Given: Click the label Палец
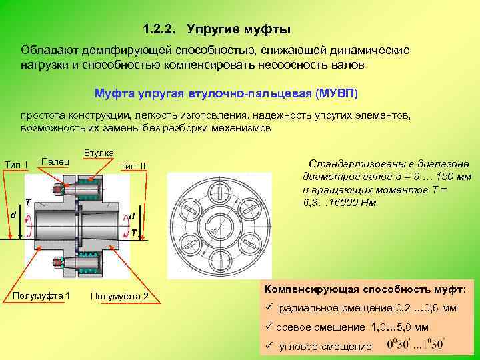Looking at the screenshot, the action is coord(55,161).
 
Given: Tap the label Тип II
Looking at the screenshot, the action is coord(133,165).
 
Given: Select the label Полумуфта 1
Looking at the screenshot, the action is coord(46,295).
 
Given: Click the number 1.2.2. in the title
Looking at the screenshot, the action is coord(161,30).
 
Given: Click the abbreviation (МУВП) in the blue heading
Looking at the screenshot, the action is coord(337,93).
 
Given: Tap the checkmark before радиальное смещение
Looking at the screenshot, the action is coord(269,308).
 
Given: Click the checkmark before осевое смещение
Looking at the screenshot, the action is coord(269,327).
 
